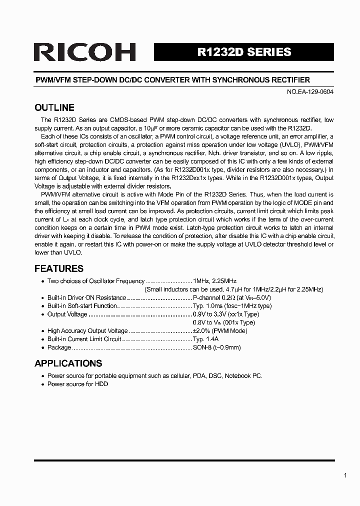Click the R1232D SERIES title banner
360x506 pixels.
coord(244,52)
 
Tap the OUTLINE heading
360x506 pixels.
coord(54,107)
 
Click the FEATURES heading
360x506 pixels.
coord(58,268)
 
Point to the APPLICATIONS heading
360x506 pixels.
coord(68,363)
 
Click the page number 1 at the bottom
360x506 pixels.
coord(345,475)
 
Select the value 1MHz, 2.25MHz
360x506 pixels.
coord(214,281)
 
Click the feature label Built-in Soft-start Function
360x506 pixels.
coord(82,306)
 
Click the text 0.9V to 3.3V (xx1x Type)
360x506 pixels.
coord(226,314)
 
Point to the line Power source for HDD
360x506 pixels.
coord(77,384)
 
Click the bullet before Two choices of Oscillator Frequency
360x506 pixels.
coord(43,281)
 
